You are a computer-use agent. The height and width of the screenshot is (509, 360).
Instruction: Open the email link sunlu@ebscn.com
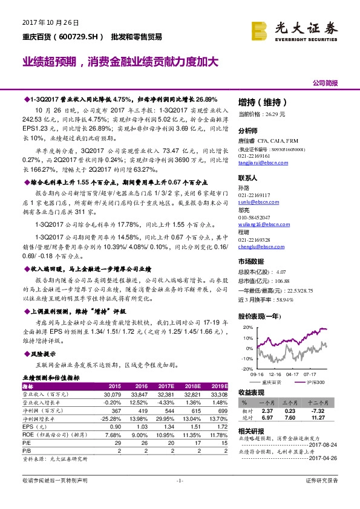257,201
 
